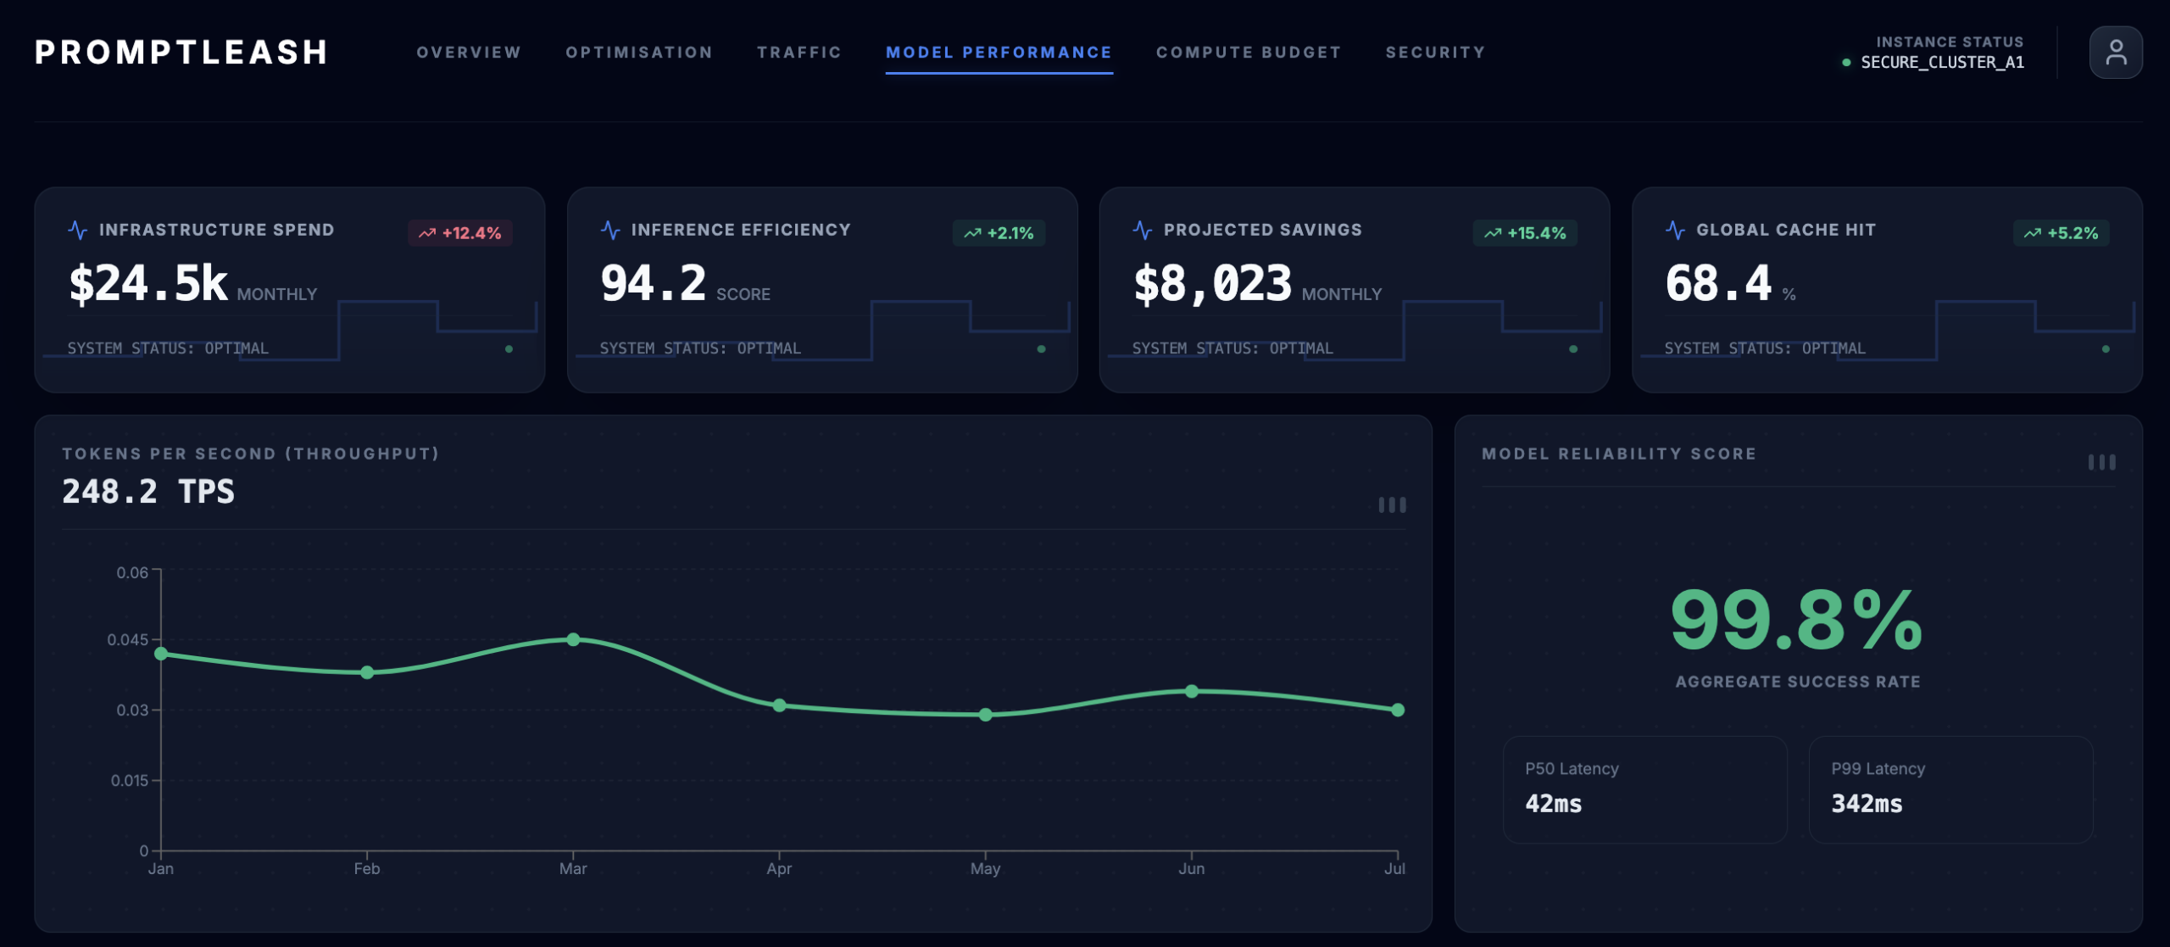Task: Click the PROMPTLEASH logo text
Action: pos(181,53)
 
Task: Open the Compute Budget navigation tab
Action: pos(1249,53)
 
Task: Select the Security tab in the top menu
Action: pos(1435,53)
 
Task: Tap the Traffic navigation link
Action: pos(798,53)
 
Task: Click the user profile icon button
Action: pos(2115,53)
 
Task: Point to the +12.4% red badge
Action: pos(460,233)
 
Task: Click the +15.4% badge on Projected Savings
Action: pos(1525,233)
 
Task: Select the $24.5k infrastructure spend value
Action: pos(148,284)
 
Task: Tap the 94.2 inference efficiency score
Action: pos(653,284)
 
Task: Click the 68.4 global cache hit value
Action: pos(1718,284)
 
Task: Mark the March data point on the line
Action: pos(573,639)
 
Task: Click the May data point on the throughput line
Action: pos(985,715)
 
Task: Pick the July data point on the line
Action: pos(1397,710)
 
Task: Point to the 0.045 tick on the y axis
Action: pos(127,639)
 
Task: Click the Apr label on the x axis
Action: pos(779,869)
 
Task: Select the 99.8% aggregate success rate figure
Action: pos(1796,621)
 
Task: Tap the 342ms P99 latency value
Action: pos(1867,804)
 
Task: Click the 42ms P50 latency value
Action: pos(1553,804)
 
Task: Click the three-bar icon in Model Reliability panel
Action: pos(2101,462)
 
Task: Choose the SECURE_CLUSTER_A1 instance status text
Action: pos(1942,63)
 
